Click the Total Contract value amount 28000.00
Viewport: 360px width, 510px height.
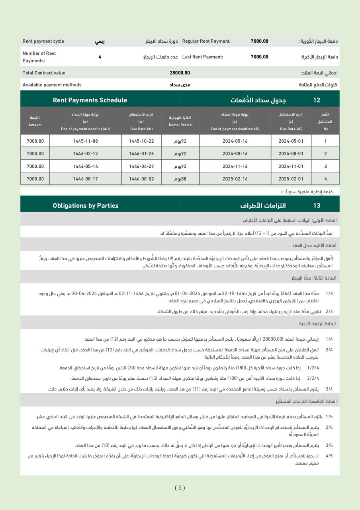click(180, 73)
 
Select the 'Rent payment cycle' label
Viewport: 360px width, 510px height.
click(43, 41)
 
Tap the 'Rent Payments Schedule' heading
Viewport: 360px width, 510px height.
click(90, 100)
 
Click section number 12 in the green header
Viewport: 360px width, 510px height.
click(317, 100)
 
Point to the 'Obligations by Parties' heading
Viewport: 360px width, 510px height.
click(86, 206)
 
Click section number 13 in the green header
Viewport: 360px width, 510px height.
click(317, 206)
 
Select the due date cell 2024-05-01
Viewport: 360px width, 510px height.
click(291, 141)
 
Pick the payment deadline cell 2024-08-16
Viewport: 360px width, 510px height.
click(235, 154)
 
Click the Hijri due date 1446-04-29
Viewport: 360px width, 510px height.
click(141, 167)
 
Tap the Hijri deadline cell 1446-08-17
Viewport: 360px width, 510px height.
click(85, 179)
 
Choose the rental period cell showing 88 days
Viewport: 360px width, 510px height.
click(180, 179)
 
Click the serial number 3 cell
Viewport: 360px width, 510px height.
click(325, 167)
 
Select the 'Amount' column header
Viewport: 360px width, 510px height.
click(35, 125)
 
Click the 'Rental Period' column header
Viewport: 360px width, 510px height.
click(180, 125)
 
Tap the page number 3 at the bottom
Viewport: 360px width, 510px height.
click(180, 488)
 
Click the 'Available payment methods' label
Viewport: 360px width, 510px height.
click(52, 85)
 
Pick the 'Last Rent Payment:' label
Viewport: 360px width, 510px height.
click(202, 57)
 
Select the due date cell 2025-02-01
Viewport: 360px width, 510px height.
click(291, 179)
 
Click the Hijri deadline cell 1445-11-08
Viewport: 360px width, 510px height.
click(85, 141)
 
